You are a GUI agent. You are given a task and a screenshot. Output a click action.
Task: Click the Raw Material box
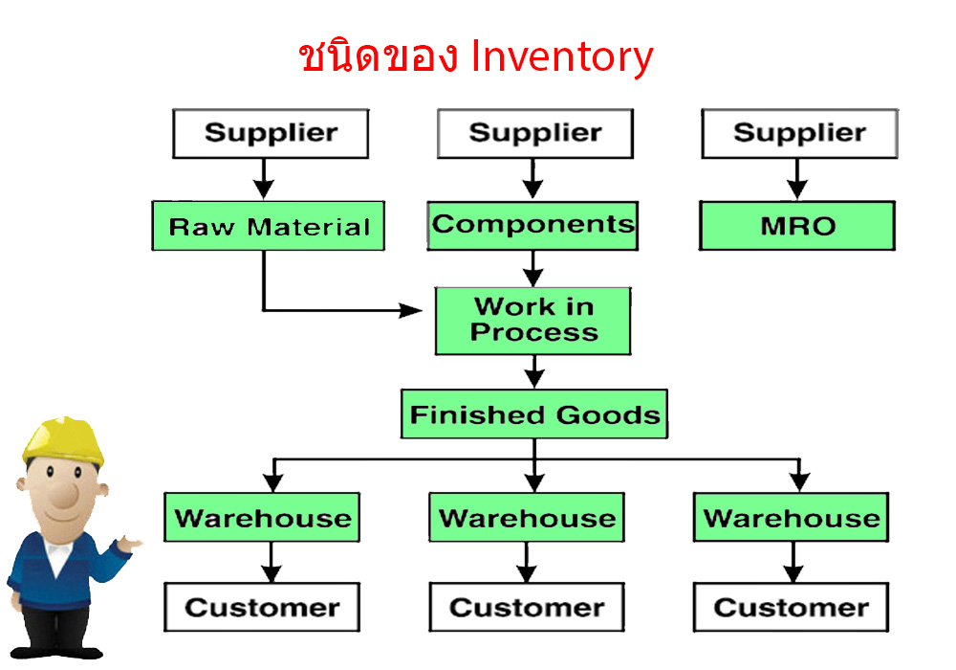[269, 226]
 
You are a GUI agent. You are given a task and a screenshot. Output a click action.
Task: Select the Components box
[532, 226]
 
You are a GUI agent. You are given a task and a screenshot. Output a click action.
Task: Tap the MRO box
[797, 226]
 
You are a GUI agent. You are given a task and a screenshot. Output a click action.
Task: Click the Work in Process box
[533, 321]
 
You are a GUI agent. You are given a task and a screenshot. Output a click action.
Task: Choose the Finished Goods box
[534, 414]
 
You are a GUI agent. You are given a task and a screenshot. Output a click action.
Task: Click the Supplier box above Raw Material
[271, 134]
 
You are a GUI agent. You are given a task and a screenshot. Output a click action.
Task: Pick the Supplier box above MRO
[800, 134]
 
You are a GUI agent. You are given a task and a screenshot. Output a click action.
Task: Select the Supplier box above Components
[535, 134]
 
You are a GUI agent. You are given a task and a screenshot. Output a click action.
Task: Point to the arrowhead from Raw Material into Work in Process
[411, 310]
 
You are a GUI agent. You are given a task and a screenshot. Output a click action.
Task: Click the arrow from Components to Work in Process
[532, 269]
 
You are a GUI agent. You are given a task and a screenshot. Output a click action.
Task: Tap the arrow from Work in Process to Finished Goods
[534, 371]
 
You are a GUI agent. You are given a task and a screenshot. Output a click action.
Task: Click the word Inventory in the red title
[562, 56]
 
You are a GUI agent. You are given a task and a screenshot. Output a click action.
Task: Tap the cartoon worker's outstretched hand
[129, 543]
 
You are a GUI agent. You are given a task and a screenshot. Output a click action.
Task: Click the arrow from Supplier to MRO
[797, 179]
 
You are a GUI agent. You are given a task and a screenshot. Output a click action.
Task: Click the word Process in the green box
[534, 332]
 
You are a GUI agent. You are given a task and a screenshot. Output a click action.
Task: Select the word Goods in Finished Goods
[608, 415]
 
